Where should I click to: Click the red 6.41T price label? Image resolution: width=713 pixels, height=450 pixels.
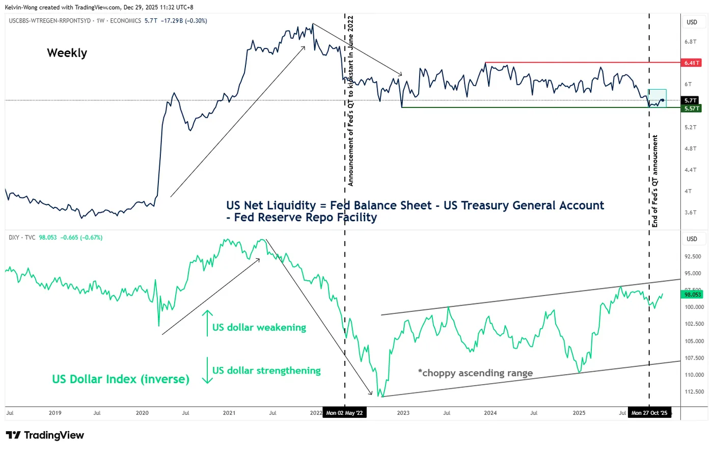(692, 63)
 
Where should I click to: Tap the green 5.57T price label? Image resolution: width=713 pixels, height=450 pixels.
(692, 109)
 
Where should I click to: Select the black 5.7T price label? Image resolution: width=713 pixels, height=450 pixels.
(691, 101)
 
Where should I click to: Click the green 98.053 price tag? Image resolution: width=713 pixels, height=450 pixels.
(693, 295)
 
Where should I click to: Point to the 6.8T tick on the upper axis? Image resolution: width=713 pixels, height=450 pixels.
(691, 42)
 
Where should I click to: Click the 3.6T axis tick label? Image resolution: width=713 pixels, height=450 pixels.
(691, 213)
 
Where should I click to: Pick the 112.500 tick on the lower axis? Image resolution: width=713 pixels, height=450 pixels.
(694, 392)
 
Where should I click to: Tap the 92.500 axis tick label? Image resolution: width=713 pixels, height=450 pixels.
(693, 257)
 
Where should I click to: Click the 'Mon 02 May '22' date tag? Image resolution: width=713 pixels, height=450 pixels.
(344, 413)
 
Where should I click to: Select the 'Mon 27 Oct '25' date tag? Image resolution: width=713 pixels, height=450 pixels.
(649, 413)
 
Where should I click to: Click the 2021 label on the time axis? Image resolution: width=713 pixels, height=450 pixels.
(229, 413)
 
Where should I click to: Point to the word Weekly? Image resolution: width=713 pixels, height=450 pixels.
(67, 53)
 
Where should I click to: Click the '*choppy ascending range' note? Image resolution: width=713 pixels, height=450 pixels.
(475, 373)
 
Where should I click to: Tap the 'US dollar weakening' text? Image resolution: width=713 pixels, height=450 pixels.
(259, 327)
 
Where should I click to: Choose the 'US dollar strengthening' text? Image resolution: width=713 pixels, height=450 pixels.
(266, 370)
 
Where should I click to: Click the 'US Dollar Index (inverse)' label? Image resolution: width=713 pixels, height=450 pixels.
(121, 379)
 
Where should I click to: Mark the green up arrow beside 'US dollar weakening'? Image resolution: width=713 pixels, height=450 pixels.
(207, 323)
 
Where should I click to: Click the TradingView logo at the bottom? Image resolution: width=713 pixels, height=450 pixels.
(45, 435)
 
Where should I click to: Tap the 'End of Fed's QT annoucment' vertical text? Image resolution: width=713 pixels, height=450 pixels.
(655, 181)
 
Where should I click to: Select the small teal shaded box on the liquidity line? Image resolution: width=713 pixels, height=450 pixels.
(657, 98)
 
